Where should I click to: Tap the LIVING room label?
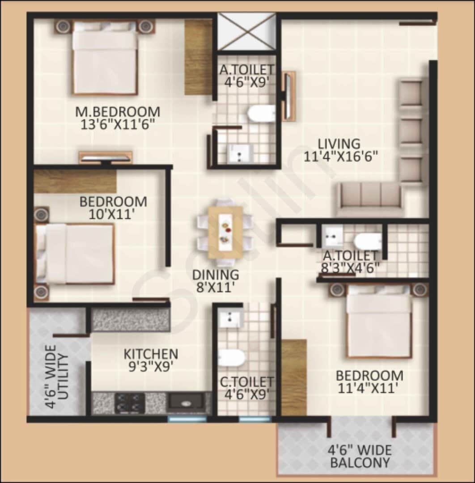pyautogui.click(x=339, y=144)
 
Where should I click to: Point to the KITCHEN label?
pyautogui.click(x=151, y=354)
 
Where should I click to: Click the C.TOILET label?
pyautogui.click(x=246, y=382)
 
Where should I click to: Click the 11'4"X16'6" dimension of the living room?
pyautogui.click(x=341, y=157)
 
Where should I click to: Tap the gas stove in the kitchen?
pyautogui.click(x=130, y=402)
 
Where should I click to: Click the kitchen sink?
pyautogui.click(x=187, y=402)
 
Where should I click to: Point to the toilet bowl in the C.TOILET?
pyautogui.click(x=232, y=358)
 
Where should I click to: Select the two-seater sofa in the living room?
pyautogui.click(x=369, y=199)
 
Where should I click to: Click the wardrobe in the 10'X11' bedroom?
pyautogui.click(x=75, y=181)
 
